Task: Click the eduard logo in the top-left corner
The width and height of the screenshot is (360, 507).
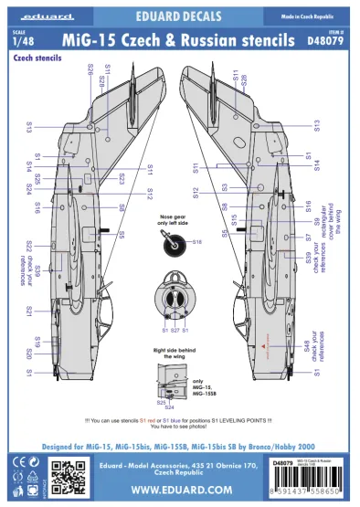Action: click(33, 16)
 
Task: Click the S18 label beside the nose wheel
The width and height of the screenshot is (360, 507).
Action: click(196, 242)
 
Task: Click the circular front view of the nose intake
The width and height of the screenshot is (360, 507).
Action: click(175, 294)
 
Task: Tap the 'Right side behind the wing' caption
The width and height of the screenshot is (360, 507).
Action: click(178, 353)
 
